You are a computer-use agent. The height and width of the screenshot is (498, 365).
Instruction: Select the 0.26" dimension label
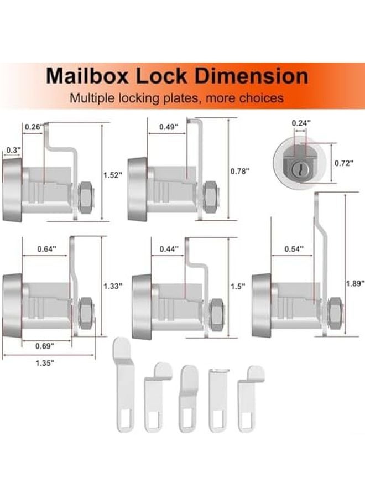click(x=34, y=127)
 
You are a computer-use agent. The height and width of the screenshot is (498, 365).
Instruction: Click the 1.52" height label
click(x=112, y=174)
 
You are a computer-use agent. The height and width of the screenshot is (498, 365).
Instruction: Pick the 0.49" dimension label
click(x=168, y=127)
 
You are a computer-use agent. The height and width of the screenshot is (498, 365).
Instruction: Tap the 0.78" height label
click(x=240, y=171)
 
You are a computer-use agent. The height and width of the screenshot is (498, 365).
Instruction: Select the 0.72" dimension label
click(x=345, y=164)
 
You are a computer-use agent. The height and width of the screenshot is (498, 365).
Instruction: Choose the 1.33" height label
click(x=113, y=286)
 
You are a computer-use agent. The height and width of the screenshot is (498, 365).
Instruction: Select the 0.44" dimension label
click(x=168, y=249)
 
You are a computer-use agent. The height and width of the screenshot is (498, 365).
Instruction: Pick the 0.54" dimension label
click(x=293, y=249)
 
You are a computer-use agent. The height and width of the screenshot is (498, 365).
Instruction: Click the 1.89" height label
click(x=354, y=283)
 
